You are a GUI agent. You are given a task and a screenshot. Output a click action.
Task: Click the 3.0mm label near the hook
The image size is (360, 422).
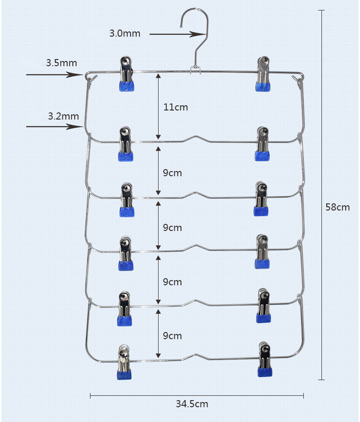click(x=125, y=33)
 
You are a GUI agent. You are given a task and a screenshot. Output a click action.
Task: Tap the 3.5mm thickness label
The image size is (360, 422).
click(x=61, y=63)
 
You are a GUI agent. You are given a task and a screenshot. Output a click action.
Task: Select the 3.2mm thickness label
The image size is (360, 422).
click(x=63, y=116)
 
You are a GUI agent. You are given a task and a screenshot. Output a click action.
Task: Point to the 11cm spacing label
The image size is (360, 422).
click(x=176, y=107)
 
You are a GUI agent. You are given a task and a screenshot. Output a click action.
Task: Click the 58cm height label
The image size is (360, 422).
click(x=338, y=207)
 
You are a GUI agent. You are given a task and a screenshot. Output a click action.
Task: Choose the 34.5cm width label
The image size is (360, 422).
click(x=192, y=404)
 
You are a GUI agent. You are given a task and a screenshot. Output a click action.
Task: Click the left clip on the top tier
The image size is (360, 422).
click(x=126, y=74)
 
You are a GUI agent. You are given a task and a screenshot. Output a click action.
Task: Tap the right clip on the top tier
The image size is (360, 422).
click(x=263, y=73)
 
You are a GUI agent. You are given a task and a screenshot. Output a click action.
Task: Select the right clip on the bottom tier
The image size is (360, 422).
click(x=265, y=359)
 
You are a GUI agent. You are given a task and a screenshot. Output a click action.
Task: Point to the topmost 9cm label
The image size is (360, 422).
click(x=172, y=173)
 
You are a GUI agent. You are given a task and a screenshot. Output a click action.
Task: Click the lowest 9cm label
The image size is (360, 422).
click(x=172, y=336)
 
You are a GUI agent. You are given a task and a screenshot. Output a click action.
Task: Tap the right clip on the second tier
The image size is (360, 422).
click(x=262, y=144)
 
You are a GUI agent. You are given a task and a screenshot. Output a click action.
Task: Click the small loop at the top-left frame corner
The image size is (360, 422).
click(x=90, y=76)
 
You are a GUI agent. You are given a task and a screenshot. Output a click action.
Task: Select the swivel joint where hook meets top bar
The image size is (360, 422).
click(x=195, y=70)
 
